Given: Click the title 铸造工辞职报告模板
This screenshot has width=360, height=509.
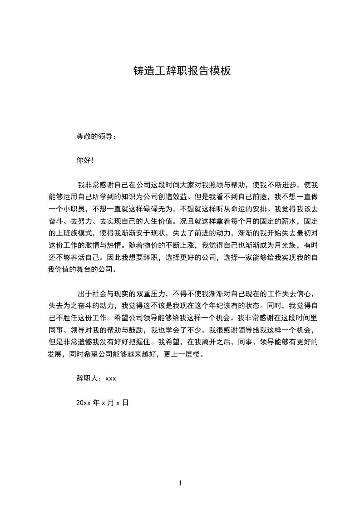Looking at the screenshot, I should pyautogui.click(x=182, y=71).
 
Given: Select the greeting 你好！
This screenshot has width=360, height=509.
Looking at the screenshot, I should pyautogui.click(x=85, y=160).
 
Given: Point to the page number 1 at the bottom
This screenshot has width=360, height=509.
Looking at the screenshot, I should pyautogui.click(x=180, y=483).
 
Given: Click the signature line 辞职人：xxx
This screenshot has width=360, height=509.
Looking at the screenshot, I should pyautogui.click(x=97, y=378).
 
